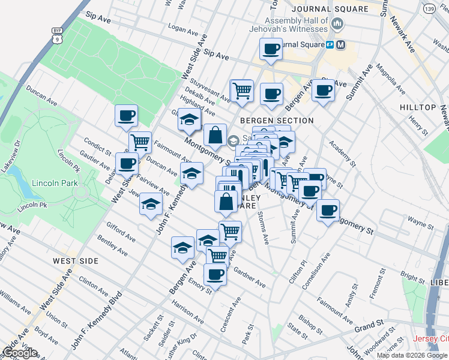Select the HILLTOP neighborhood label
(x=417, y=107)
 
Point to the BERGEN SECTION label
(x=277, y=121)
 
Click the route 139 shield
(x=412, y=10)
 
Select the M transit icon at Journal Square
(x=341, y=44)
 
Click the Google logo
(x=19, y=353)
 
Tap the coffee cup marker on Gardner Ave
(x=214, y=275)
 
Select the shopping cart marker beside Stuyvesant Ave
(x=242, y=91)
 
